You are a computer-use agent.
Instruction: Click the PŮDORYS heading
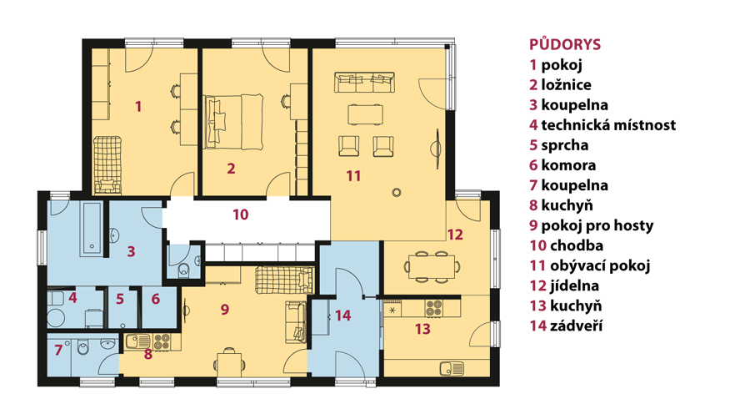pos(564,44)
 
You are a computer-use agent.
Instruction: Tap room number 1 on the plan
pos(138,106)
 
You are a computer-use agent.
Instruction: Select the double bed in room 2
pos(234,121)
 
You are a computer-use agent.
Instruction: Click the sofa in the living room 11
pos(364,82)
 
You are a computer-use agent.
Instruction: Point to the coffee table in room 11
pos(366,114)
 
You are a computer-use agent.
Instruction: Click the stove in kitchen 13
pos(434,307)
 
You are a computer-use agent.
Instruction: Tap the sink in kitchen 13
pos(452,368)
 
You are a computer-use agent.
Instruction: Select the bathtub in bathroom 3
pos(92,229)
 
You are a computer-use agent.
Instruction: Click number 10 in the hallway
pos(241,215)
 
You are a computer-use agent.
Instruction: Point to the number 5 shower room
pos(119,299)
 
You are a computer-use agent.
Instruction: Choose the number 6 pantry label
pos(156,299)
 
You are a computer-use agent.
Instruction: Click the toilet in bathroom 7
pos(82,348)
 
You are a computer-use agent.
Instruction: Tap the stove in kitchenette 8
pos(161,341)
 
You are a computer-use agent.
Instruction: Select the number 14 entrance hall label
pos(343,316)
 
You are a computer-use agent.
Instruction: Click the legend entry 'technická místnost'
pos(608,125)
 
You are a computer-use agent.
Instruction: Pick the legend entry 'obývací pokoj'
pos(600,265)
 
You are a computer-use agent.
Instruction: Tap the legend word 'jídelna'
pos(574,285)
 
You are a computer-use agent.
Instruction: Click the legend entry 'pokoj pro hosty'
pos(597,225)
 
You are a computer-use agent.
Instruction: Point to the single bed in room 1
pos(107,165)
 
